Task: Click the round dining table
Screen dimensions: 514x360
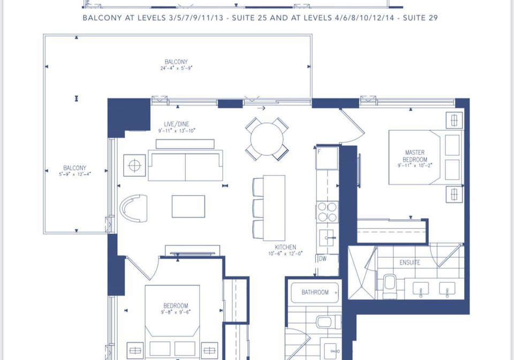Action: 267,139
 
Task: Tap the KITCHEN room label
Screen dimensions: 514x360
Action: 285,247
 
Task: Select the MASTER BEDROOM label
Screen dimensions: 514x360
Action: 415,156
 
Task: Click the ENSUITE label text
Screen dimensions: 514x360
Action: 410,262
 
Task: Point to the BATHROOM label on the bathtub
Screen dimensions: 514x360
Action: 315,292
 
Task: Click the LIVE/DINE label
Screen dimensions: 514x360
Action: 177,124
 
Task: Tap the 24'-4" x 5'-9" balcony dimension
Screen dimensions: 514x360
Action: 176,68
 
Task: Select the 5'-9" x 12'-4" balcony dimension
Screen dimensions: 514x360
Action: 75,174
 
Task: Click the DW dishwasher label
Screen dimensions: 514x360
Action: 323,258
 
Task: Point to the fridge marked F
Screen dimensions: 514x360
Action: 327,157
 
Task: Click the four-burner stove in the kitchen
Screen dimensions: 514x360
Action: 327,212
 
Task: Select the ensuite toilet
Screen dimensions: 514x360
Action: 390,286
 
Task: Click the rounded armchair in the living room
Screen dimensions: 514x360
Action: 133,208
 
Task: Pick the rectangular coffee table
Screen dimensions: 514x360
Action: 188,207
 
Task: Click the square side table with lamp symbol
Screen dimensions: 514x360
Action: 134,166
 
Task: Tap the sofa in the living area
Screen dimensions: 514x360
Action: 186,165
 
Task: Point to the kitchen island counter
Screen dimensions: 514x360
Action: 274,208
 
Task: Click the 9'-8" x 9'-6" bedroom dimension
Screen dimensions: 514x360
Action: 176,312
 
